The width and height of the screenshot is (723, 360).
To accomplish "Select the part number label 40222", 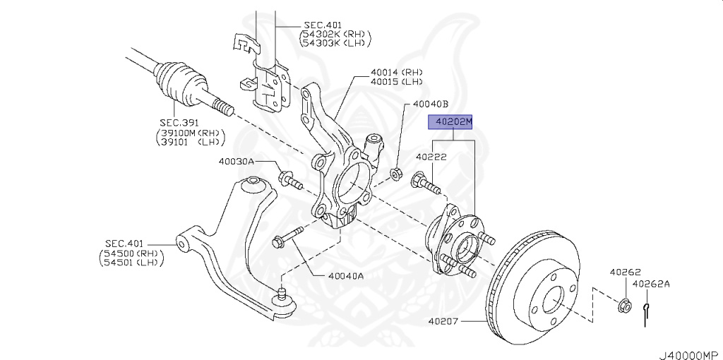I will [430, 157].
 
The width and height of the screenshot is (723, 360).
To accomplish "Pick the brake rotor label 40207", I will [443, 322].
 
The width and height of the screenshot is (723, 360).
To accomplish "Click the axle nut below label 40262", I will [623, 306].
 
